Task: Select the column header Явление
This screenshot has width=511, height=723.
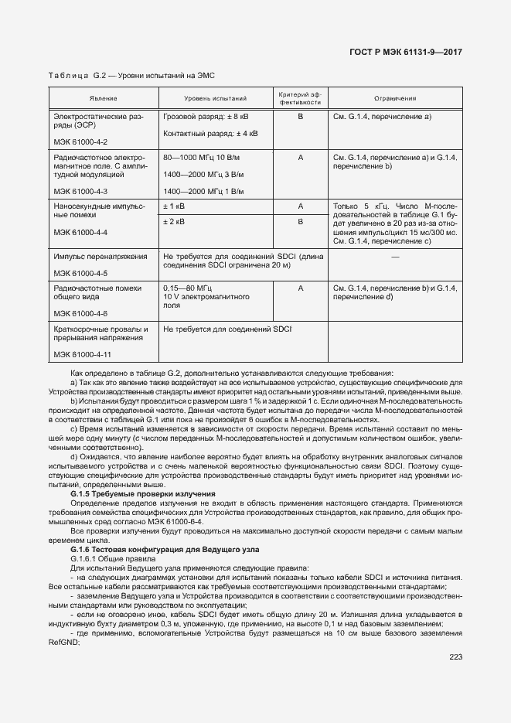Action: click(x=103, y=99)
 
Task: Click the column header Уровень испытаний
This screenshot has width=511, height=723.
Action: click(x=215, y=99)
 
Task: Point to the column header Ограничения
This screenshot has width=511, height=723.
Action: click(x=395, y=99)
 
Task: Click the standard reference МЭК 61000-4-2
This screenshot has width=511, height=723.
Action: click(x=80, y=142)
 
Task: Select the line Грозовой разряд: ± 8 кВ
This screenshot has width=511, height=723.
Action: click(x=206, y=117)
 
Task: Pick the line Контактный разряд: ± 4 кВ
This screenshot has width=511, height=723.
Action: click(x=210, y=133)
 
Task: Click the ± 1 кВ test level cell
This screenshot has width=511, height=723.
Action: click(x=174, y=206)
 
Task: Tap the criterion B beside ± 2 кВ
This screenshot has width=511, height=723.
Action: click(x=299, y=222)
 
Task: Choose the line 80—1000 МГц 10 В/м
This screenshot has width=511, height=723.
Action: click(x=204, y=158)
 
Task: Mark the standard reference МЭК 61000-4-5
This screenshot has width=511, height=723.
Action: click(x=80, y=274)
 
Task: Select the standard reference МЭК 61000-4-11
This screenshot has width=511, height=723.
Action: click(x=83, y=354)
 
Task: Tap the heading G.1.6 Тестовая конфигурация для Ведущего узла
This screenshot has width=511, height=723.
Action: click(x=165, y=549)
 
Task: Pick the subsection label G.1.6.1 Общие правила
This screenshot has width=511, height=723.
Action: click(x=113, y=558)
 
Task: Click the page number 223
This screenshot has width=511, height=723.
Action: click(x=455, y=657)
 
